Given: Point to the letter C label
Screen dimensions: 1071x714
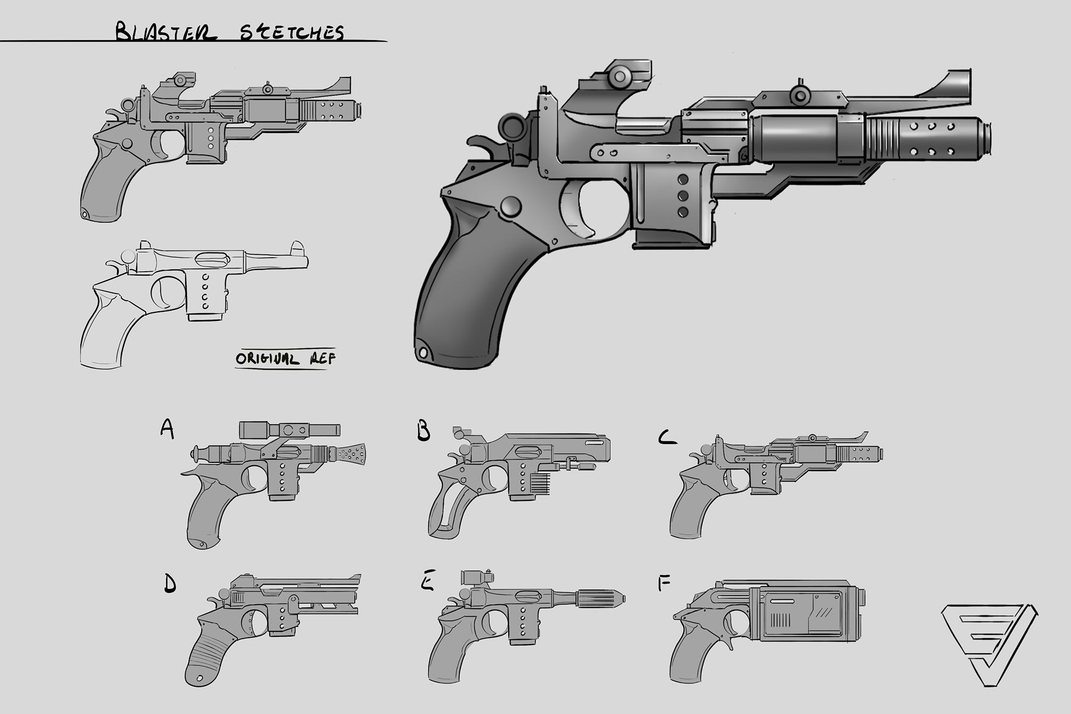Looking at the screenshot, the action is [x=667, y=437].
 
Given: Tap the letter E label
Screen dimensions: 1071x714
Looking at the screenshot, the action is [x=427, y=583].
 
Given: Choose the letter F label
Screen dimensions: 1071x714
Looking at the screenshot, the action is [x=664, y=583].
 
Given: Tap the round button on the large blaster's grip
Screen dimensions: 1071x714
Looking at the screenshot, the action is [x=511, y=206].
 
